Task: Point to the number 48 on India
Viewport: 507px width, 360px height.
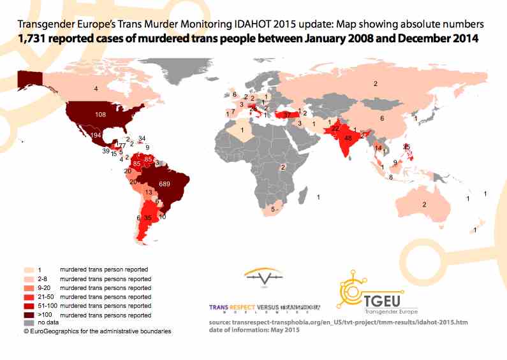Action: [348, 138]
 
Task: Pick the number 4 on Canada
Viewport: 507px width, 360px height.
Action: [96, 89]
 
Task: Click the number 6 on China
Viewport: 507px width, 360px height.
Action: [382, 119]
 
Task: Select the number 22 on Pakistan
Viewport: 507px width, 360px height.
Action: [335, 128]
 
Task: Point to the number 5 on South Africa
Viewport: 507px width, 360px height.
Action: [274, 209]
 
